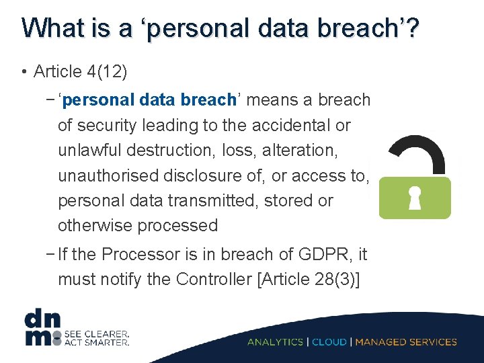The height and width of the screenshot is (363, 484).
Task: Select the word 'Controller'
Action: point(214,279)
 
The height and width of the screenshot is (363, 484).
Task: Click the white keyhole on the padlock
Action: point(415,197)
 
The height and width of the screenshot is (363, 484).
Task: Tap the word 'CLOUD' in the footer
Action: point(329,341)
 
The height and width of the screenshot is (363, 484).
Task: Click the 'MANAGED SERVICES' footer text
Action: point(406,341)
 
